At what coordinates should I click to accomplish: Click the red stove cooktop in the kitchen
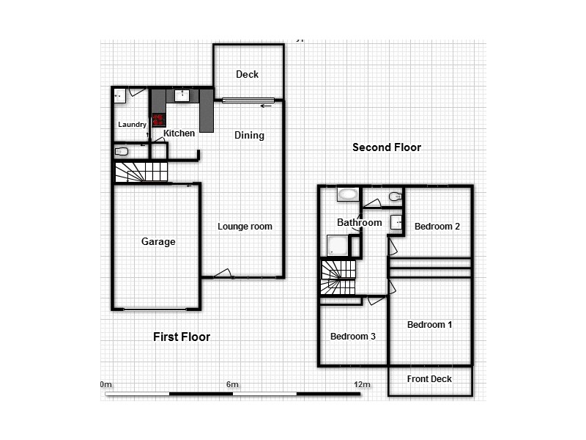coord(158,120)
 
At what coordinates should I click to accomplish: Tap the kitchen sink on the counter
coord(181,95)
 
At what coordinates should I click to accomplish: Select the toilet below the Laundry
coord(122,152)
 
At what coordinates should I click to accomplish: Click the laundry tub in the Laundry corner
coord(119,95)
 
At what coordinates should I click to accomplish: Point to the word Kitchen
coord(179,133)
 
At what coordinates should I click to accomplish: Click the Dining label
coord(249,135)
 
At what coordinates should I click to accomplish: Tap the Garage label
coord(158,241)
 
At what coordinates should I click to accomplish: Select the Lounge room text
coord(245,227)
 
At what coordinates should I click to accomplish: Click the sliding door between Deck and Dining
coord(248,100)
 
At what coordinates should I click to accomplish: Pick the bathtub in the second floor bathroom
coord(347,195)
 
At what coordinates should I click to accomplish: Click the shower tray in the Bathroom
coord(338,246)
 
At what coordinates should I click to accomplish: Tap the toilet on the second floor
coord(395,196)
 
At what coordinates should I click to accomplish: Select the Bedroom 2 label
coord(437,227)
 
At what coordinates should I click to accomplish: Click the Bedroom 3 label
coord(353,337)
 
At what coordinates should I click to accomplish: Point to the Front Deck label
coord(429,379)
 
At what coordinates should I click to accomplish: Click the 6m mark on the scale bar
coord(232,385)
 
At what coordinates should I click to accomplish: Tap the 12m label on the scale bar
coord(361,385)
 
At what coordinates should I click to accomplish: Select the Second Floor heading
coord(387,147)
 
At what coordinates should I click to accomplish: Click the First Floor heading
coord(182,337)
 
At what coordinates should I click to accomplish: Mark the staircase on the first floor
coord(141,172)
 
